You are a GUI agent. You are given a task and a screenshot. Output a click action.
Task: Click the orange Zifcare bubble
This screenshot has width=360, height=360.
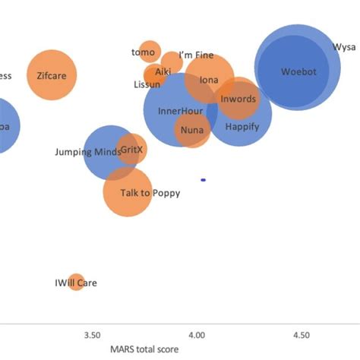(x=52, y=74)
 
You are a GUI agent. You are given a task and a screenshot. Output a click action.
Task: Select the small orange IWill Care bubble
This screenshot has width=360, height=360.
(x=75, y=283)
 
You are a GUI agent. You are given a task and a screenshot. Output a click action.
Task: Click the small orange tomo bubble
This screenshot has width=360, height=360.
(x=150, y=52)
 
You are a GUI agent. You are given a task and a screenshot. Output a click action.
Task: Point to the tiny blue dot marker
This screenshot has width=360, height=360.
(x=204, y=180)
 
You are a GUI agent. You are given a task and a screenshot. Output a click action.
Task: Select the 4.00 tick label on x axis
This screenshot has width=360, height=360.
(x=197, y=334)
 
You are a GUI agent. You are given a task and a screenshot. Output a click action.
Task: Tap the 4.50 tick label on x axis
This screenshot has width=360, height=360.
(x=301, y=334)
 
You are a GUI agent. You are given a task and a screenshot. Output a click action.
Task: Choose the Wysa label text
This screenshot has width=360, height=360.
(x=344, y=47)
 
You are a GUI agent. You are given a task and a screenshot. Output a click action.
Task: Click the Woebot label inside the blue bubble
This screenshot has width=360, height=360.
(x=298, y=72)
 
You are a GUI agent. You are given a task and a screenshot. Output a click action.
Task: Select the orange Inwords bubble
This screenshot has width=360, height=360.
(x=238, y=99)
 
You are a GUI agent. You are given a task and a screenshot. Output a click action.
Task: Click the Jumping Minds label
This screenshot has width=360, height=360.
(x=87, y=152)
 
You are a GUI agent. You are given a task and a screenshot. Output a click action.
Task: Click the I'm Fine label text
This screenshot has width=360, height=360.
(x=196, y=55)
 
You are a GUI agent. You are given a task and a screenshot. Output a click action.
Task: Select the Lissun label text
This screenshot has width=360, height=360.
(x=147, y=84)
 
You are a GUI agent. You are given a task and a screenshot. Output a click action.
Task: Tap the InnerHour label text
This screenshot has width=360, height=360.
(x=179, y=111)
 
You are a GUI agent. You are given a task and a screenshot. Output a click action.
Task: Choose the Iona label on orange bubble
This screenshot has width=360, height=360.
(x=209, y=80)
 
